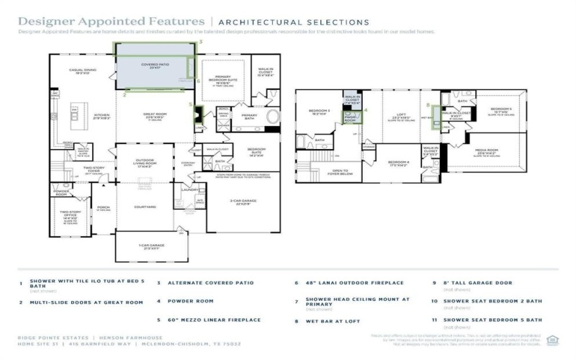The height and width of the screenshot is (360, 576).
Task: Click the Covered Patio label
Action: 154,66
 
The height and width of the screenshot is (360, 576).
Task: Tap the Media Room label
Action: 487,150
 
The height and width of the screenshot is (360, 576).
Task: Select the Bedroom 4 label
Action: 398,163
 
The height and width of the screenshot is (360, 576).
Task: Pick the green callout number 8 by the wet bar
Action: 428,105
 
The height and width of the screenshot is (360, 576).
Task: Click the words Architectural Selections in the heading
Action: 293,22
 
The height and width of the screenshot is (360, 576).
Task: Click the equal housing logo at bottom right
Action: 552,339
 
